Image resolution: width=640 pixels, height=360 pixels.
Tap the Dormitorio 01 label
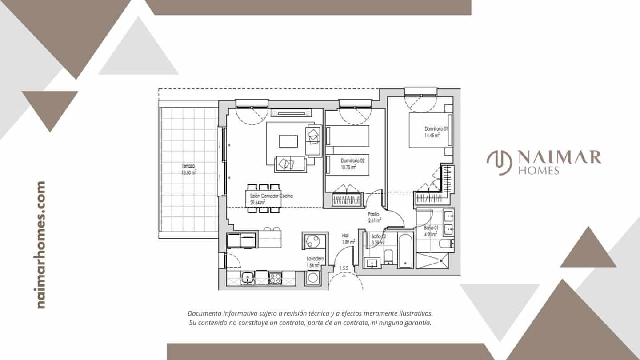pyautogui.click(x=436, y=128)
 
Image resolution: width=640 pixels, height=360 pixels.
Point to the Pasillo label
pyautogui.click(x=374, y=214)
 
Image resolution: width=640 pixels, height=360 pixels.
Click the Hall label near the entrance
pyautogui.click(x=345, y=236)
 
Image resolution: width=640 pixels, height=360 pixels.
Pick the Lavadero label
pyautogui.click(x=315, y=259)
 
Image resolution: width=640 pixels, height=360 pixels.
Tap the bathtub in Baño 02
pyautogui.click(x=405, y=250)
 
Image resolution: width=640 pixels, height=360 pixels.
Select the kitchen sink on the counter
pyautogui.click(x=247, y=278)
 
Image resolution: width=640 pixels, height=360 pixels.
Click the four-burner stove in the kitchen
pyautogui.click(x=275, y=278)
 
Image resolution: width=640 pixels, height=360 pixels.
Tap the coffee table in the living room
pyautogui.click(x=288, y=141)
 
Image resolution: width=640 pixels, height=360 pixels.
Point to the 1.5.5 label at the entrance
pyautogui.click(x=344, y=268)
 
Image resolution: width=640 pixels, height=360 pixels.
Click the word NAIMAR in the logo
pyautogui.click(x=559, y=157)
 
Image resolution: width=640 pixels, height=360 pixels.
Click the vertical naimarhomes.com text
pyautogui.click(x=41, y=245)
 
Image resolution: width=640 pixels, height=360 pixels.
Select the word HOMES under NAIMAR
pyautogui.click(x=539, y=171)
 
